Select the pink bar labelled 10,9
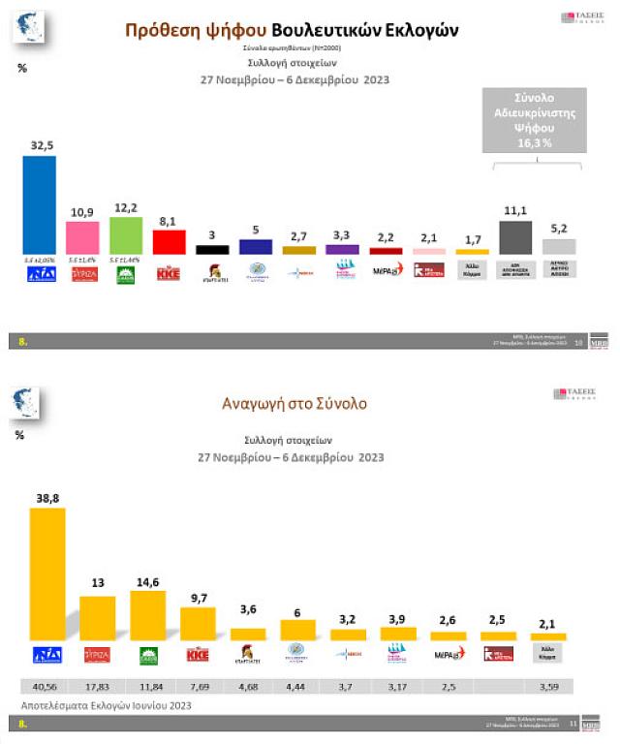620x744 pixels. click(82, 237)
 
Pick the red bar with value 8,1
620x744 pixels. click(169, 241)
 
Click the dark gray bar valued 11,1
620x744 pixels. click(514, 237)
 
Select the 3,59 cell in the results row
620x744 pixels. click(547, 687)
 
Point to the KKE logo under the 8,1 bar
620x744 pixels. click(169, 272)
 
